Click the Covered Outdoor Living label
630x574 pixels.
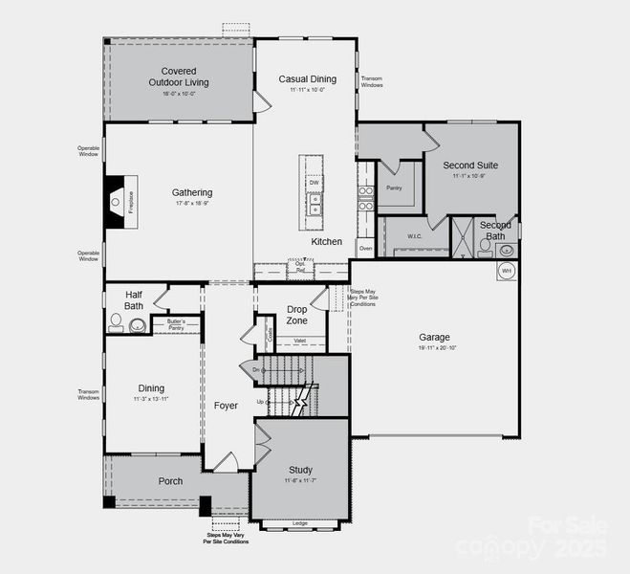coord(185,77)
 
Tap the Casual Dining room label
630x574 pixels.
coord(308,78)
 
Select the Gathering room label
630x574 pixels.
coord(192,192)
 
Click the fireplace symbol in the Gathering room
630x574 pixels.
coord(116,201)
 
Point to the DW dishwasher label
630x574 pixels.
coord(314,183)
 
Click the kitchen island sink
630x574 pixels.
coord(315,205)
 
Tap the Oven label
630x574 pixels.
coord(364,248)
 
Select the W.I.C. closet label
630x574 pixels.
coord(414,235)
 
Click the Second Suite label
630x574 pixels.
coord(470,166)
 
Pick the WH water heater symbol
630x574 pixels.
coord(507,271)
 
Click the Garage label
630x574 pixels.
coord(433,337)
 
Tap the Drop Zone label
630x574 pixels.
coord(297,315)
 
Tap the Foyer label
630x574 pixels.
coord(226,406)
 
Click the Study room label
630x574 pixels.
coord(301,470)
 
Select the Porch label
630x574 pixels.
coord(170,481)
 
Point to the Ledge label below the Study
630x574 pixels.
coord(299,523)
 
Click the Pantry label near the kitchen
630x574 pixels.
coord(394,188)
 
